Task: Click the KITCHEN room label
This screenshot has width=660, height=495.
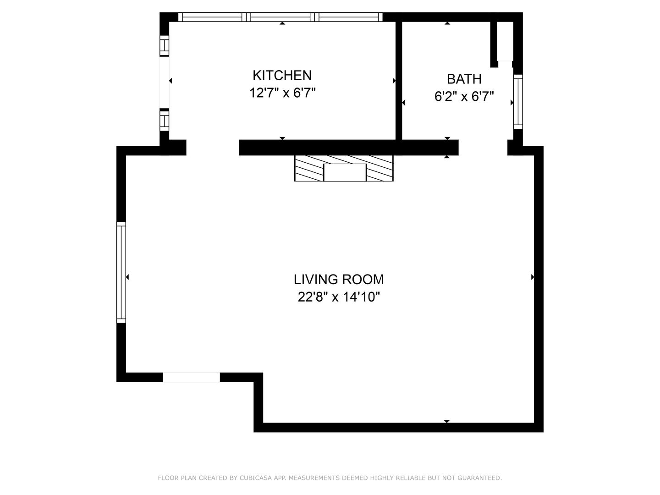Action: click(x=282, y=76)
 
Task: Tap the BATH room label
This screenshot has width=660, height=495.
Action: click(x=464, y=79)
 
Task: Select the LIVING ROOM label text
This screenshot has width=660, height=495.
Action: click(x=339, y=280)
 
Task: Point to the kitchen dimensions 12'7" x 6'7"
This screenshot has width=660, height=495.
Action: click(x=282, y=93)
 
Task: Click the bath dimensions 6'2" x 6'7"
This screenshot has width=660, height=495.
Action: click(x=464, y=97)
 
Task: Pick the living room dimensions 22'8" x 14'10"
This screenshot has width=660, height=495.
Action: click(x=339, y=297)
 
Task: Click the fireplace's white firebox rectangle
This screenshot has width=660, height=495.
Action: click(x=345, y=172)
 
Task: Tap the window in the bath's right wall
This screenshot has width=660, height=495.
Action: click(x=518, y=102)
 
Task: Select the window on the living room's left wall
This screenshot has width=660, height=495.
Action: click(x=121, y=272)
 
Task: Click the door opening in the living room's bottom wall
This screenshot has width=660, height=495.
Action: click(x=191, y=377)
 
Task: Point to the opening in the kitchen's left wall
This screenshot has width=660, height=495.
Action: click(x=164, y=82)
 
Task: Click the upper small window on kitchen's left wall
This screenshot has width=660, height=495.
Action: click(x=164, y=46)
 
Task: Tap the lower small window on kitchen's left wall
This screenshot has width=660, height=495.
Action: click(x=164, y=120)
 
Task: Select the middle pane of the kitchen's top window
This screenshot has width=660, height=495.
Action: click(x=280, y=17)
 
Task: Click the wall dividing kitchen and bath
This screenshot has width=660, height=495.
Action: click(x=399, y=81)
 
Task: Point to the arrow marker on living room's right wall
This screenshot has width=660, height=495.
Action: click(x=533, y=277)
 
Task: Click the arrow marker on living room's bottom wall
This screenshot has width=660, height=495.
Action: click(x=447, y=421)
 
